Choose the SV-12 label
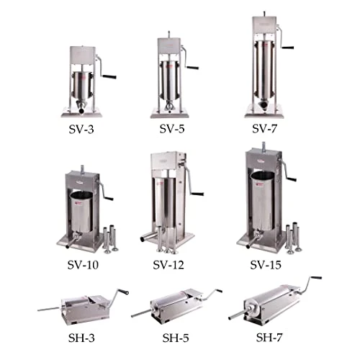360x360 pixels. pyautogui.click(x=170, y=265)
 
